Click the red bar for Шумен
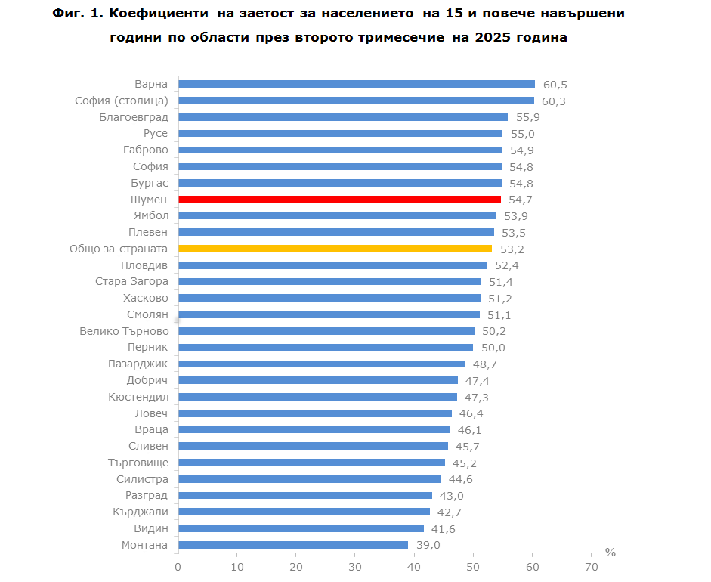[x=339, y=200]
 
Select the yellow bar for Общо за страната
[x=335, y=249]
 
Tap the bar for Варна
[x=356, y=84]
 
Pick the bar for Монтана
[x=292, y=545]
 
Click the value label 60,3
[x=554, y=101]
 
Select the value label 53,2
[x=512, y=249]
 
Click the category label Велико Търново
[x=124, y=331]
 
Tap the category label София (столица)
[x=121, y=101]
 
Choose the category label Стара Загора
[x=131, y=282]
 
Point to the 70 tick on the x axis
[x=592, y=567]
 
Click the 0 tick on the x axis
[x=178, y=567]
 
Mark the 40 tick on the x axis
[x=414, y=567]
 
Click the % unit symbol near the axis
[x=611, y=553]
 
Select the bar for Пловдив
[x=332, y=265]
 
